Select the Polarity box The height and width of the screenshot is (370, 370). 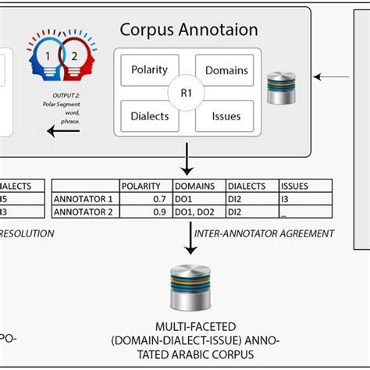tap(149, 70)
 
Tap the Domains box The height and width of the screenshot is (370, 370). tap(226, 71)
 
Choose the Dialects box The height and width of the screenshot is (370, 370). tap(149, 116)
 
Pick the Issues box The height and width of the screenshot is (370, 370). tap(226, 116)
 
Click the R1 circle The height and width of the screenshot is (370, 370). tap(187, 93)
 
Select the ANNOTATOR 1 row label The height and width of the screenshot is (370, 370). tap(84, 199)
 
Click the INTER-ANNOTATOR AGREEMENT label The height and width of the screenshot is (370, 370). tap(264, 233)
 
